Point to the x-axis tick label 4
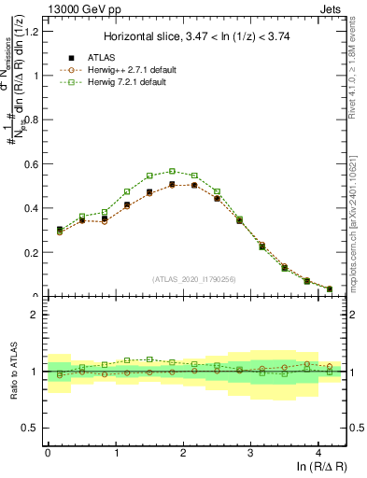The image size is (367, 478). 318,453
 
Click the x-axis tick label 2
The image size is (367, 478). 183,453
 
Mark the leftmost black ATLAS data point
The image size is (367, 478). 60,229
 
